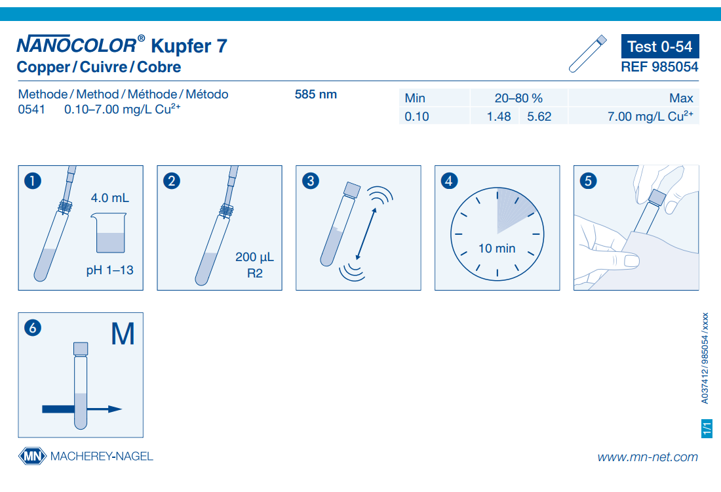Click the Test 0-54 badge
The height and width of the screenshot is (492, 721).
[x=660, y=46]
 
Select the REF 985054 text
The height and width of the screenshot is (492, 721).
[x=659, y=67]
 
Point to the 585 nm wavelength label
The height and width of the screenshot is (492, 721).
[x=315, y=94]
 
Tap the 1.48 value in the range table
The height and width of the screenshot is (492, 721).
[x=498, y=117]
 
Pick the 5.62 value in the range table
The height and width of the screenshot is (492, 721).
[x=539, y=117]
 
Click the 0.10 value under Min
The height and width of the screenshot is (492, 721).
[x=417, y=117]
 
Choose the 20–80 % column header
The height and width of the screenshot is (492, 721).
[x=518, y=98]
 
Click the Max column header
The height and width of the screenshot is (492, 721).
[x=681, y=98]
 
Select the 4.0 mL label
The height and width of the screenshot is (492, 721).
[x=110, y=198]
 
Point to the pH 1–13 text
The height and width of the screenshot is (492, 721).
[x=110, y=270]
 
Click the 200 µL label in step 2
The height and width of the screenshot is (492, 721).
[x=254, y=256]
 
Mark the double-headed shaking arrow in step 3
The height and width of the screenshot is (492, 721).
[x=366, y=234]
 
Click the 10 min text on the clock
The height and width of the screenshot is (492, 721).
[x=497, y=249]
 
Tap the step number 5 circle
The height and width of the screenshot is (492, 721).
[x=588, y=180]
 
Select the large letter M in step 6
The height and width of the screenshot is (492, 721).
[x=123, y=334]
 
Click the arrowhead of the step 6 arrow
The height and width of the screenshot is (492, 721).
[x=115, y=409]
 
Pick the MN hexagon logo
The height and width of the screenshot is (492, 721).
[x=32, y=456]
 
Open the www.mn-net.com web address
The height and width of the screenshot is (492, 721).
[x=648, y=457]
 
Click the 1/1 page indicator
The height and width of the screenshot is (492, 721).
[x=707, y=428]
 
